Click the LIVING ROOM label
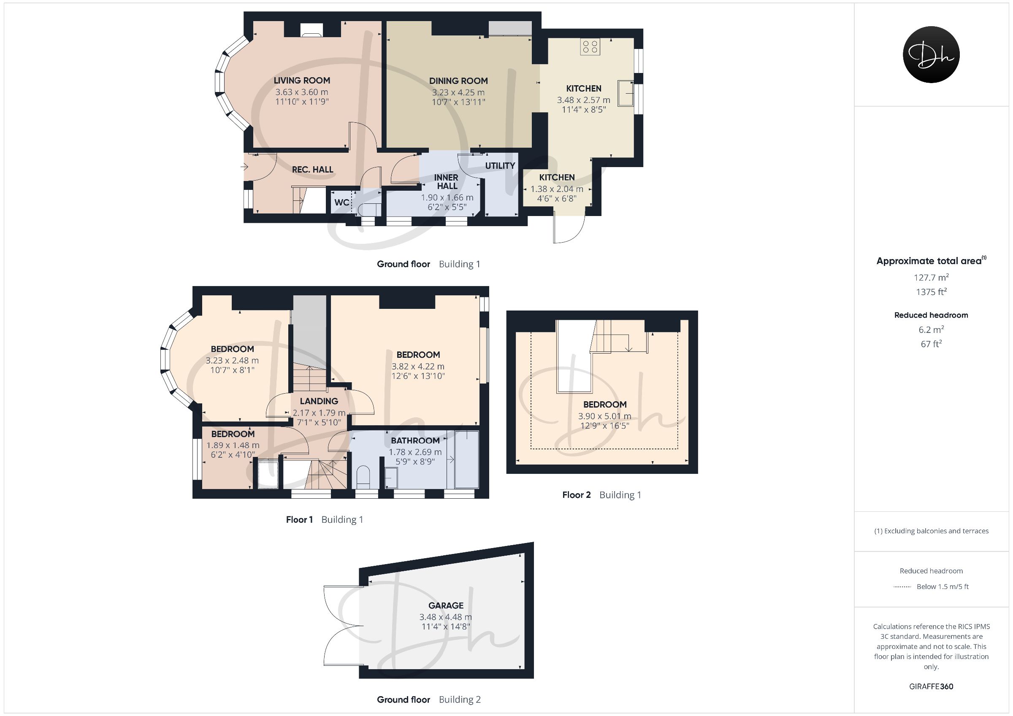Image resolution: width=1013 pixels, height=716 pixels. tap(302, 81)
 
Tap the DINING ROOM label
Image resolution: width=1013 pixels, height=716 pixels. tap(458, 81)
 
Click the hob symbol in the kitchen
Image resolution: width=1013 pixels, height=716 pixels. tap(590, 47)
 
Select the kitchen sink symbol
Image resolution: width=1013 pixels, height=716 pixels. tap(626, 93)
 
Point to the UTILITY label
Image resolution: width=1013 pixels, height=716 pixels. tap(500, 166)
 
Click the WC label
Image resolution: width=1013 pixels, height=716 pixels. tap(342, 203)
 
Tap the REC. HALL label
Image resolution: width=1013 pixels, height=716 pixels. tap(313, 170)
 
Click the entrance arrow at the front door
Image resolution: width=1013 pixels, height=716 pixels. tap(244, 167)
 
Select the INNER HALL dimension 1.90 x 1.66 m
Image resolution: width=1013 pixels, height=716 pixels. tap(447, 197)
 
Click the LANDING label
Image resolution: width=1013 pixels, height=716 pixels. tap(319, 401)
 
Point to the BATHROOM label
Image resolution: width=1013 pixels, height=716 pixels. tap(415, 441)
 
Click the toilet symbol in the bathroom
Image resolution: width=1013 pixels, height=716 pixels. tap(363, 477)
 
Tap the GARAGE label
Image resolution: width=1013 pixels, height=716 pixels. tap(446, 606)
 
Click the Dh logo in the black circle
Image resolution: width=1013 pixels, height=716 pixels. tap(932, 55)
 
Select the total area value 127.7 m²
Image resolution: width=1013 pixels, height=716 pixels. tap(932, 278)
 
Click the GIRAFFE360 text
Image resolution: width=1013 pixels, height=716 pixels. tap(932, 686)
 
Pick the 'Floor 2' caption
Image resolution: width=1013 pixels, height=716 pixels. tap(576, 495)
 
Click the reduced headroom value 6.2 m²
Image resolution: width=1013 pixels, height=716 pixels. tap(932, 330)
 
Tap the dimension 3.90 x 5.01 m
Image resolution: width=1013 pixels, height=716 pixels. tap(604, 416)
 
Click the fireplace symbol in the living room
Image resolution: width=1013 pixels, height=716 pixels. tap(311, 30)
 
